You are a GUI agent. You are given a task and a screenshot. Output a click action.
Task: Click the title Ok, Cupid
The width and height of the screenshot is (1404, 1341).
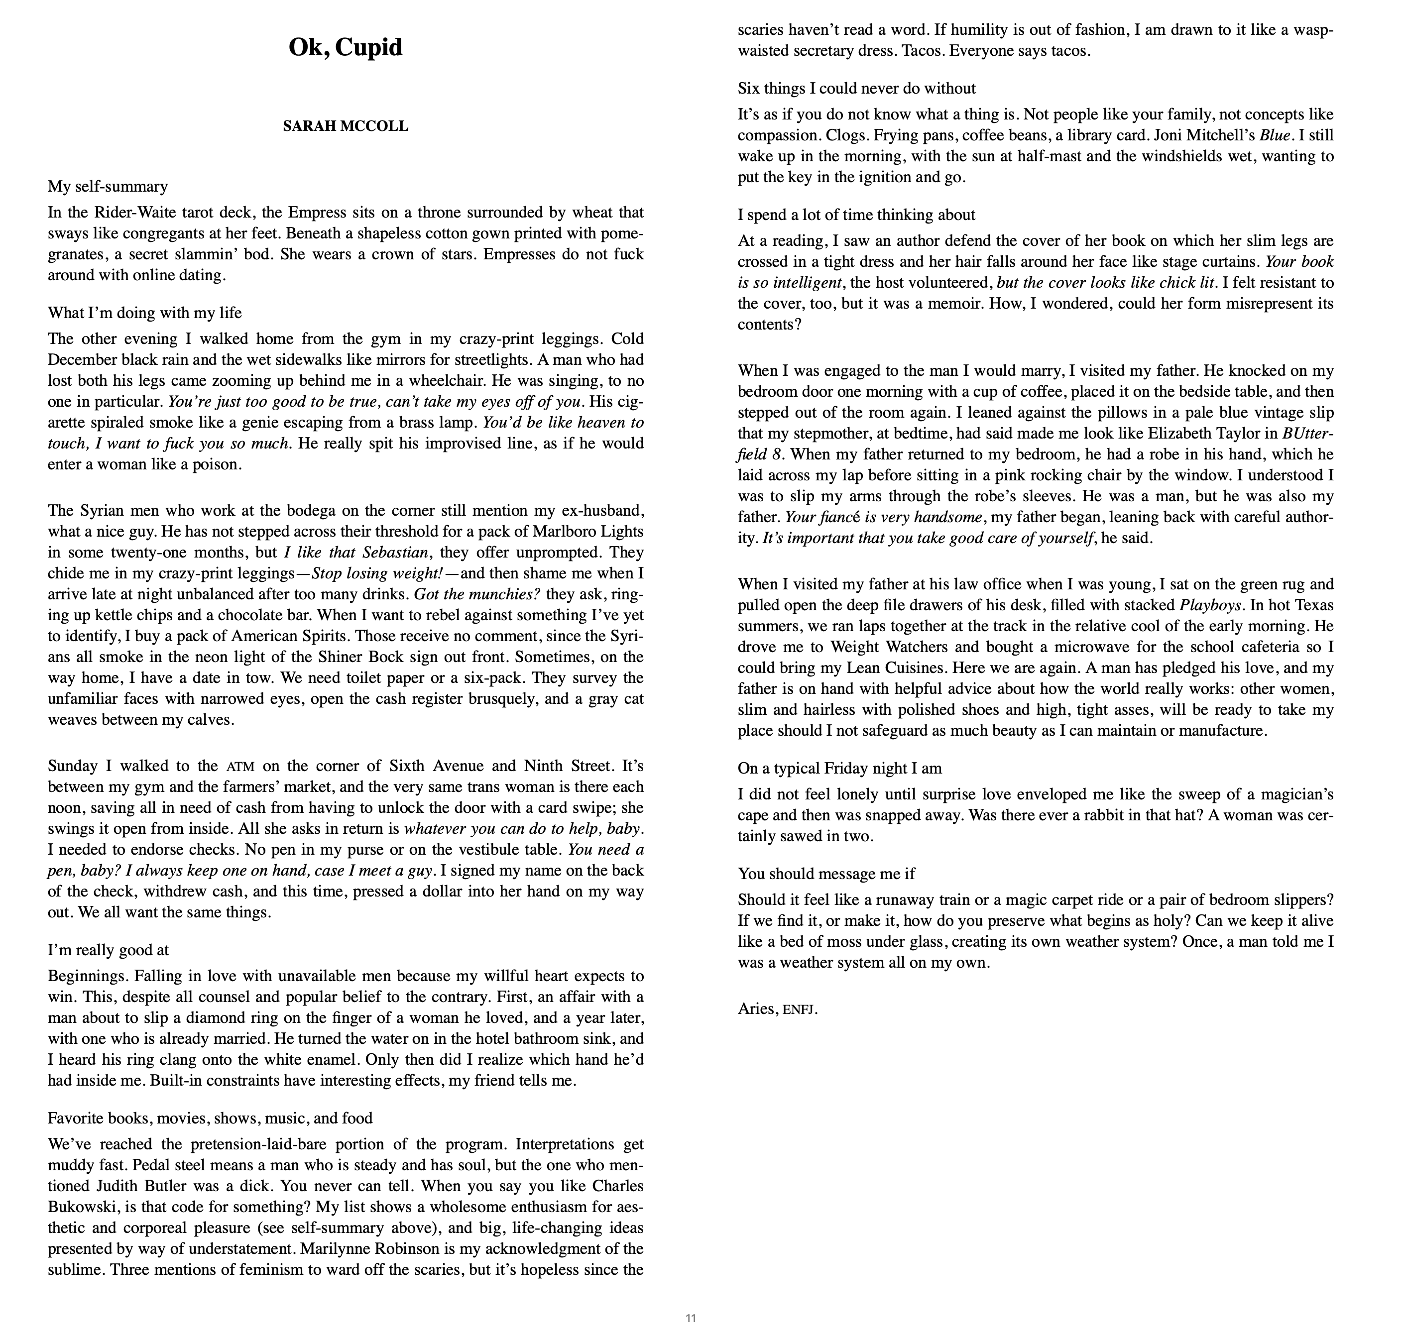[346, 47]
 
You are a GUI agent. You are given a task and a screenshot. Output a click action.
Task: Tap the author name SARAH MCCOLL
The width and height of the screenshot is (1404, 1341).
[346, 126]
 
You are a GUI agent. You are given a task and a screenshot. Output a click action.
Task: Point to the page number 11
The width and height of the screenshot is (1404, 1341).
[691, 1318]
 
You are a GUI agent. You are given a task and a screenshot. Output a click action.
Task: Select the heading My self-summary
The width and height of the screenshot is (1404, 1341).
[108, 187]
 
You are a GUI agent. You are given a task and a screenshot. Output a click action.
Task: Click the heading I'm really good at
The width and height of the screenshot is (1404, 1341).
[108, 950]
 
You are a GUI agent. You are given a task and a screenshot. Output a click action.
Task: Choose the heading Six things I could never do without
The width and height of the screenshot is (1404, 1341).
[856, 89]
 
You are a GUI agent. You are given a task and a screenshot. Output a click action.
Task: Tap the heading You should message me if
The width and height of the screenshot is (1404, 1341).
[826, 874]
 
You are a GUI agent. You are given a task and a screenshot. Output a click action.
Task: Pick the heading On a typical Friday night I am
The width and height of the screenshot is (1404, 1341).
[839, 769]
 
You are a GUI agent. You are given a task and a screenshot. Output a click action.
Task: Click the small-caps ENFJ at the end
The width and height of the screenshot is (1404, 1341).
[799, 1010]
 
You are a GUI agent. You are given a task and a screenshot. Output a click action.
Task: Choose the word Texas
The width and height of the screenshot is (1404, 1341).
[1311, 605]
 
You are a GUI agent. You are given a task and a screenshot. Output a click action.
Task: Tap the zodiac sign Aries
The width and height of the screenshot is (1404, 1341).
[757, 1008]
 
